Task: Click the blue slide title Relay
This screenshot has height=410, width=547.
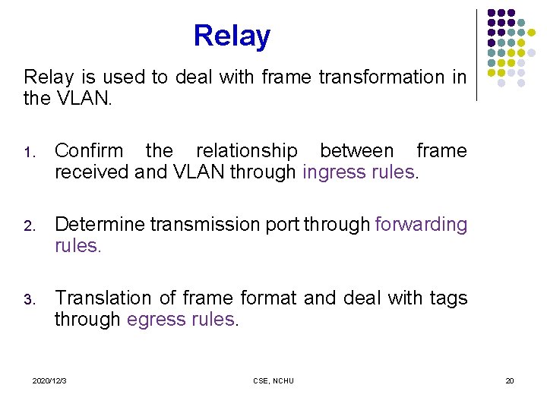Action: (x=232, y=36)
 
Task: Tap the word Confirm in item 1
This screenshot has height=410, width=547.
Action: (x=87, y=151)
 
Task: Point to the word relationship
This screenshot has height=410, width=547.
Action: (x=247, y=151)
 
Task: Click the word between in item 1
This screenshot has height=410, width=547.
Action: (x=357, y=151)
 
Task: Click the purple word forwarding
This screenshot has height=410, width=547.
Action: (x=422, y=225)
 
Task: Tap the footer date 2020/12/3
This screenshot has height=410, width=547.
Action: (x=49, y=380)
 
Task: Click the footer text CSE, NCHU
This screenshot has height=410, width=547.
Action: (x=273, y=380)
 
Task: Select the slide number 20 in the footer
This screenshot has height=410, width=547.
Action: (x=510, y=380)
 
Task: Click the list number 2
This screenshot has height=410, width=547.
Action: (x=28, y=226)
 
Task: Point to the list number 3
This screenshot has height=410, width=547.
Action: (x=28, y=300)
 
